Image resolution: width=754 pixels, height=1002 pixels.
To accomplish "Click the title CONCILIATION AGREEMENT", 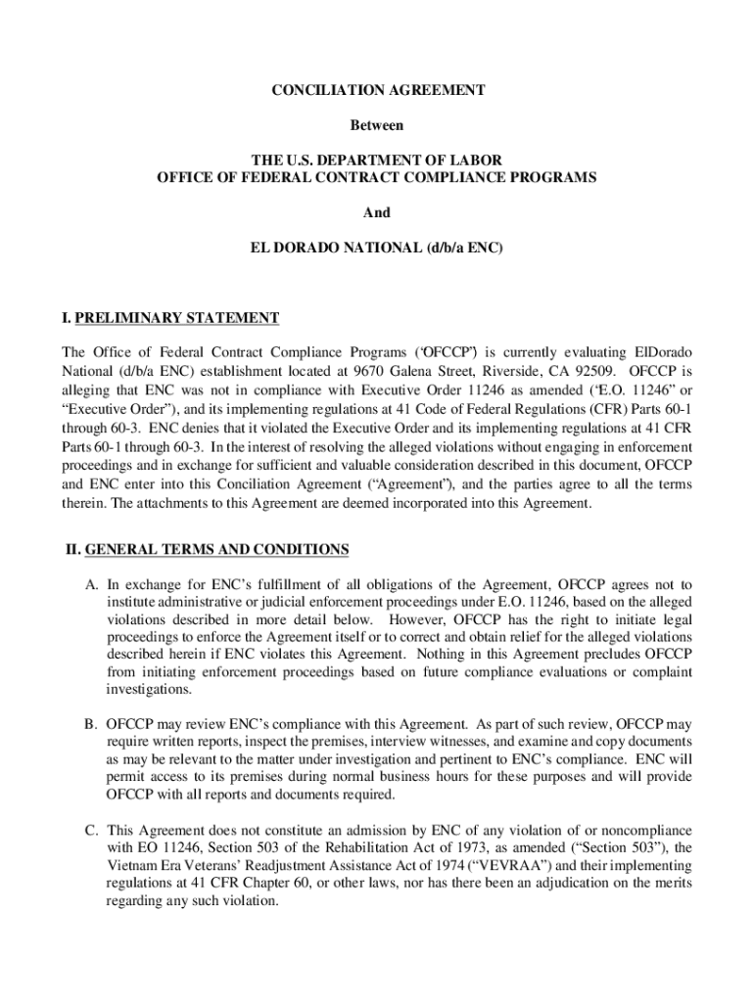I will click(x=377, y=90).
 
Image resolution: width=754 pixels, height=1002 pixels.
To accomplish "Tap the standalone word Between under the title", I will click(x=377, y=126).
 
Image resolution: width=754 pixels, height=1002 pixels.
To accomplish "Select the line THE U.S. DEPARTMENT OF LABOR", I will click(x=377, y=159).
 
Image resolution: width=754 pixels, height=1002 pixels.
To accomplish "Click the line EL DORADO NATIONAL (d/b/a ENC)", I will click(x=377, y=249).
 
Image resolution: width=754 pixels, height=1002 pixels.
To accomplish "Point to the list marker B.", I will click(x=90, y=725).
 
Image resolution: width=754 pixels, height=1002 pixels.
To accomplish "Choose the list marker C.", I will click(x=90, y=831).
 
